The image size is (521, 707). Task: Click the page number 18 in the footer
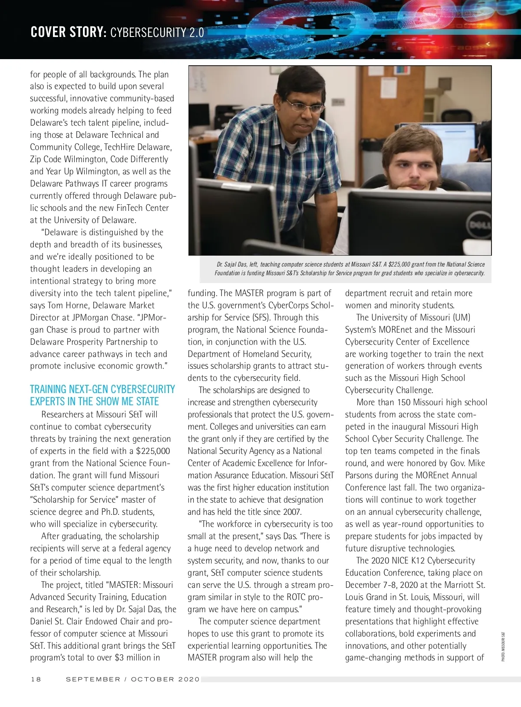tap(36, 679)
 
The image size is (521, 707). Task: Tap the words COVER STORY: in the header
tap(69, 33)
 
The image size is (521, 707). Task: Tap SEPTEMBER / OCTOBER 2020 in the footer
tap(133, 679)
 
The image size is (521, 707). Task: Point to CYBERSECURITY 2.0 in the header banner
tap(157, 33)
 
